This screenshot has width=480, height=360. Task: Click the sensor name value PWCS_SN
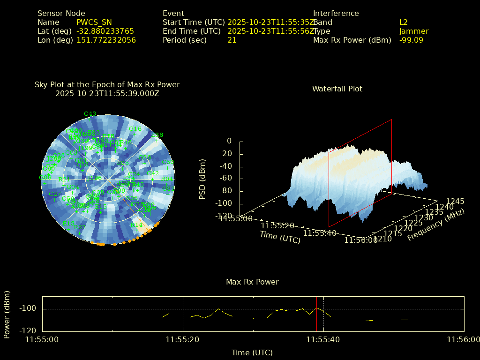click(x=94, y=22)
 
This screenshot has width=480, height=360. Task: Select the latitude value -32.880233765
click(x=105, y=31)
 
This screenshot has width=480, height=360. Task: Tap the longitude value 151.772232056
click(x=106, y=40)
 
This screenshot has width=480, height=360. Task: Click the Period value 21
click(x=232, y=40)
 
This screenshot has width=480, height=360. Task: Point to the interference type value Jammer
click(x=414, y=31)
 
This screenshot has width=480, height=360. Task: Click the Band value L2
click(x=404, y=22)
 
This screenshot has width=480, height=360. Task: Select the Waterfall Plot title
click(x=337, y=89)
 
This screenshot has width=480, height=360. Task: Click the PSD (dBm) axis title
click(x=202, y=178)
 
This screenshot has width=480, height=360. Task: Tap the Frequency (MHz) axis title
click(x=436, y=225)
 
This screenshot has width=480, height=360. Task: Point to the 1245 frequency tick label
click(x=455, y=202)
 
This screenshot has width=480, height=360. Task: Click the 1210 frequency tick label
click(x=382, y=239)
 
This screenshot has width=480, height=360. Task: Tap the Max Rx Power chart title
click(x=252, y=282)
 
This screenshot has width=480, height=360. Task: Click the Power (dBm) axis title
click(x=7, y=314)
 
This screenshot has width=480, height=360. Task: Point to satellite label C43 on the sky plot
click(x=90, y=114)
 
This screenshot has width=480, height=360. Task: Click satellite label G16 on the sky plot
click(x=135, y=129)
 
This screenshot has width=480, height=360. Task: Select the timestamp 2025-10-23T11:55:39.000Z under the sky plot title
click(x=107, y=94)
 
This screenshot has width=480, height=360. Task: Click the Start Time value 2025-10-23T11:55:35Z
click(x=270, y=22)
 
